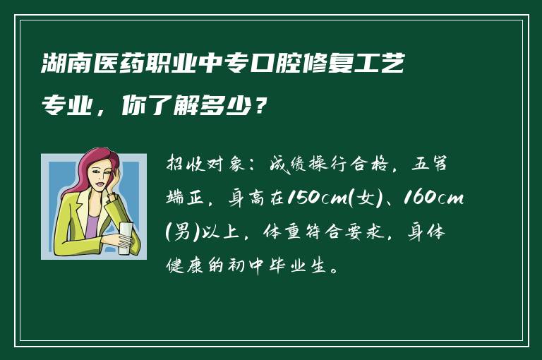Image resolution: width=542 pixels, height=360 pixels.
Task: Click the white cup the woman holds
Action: (x=125, y=237)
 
